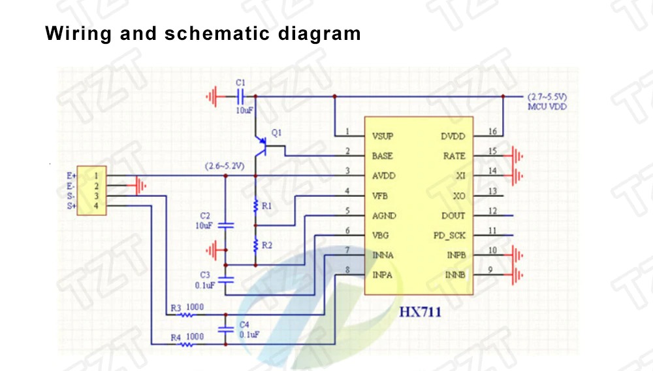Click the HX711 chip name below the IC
point(420,312)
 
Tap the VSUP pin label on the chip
point(382,137)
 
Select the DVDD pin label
point(453,137)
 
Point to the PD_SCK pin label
point(449,236)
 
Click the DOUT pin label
point(453,216)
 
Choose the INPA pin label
point(382,275)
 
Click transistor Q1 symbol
point(261,146)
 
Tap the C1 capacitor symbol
point(240,97)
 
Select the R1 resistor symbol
point(256,205)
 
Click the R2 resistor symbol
point(256,245)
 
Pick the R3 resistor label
point(176,308)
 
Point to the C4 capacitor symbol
point(226,329)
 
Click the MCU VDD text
point(547,107)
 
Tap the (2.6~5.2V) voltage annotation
point(225,166)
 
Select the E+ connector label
point(71,176)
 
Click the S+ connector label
point(72,205)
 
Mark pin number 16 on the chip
point(492,132)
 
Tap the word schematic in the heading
point(217,33)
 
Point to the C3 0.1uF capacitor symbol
point(226,280)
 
